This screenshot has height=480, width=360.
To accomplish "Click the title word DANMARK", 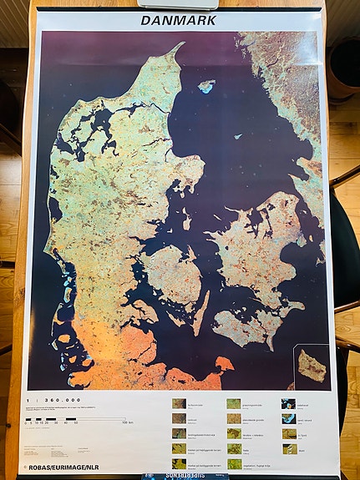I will click(x=178, y=19).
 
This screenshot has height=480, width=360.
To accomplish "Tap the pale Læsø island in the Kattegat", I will click(x=205, y=85).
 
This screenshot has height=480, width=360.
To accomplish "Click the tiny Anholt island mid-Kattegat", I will click(x=239, y=136).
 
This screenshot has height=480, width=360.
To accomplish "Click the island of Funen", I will click(x=171, y=275).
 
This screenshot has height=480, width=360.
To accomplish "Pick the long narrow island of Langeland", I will click(x=201, y=311).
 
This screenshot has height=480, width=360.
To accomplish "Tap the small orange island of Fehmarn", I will click(x=224, y=364).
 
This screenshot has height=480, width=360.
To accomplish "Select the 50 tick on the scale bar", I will click(x=76, y=423).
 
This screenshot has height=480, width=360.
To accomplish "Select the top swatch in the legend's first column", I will click(x=180, y=404).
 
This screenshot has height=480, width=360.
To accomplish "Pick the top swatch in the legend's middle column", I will click(x=234, y=404).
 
